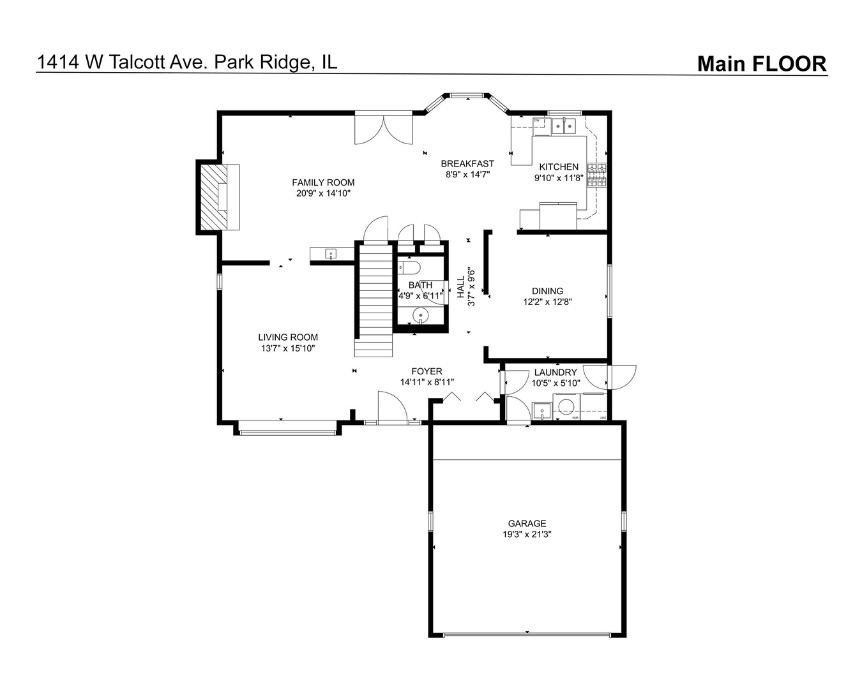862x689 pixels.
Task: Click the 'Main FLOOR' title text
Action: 761,64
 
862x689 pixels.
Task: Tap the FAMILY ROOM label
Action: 323,182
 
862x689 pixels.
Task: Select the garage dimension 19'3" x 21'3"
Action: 527,535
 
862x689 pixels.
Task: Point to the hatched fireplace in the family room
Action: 212,198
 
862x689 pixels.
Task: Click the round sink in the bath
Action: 420,315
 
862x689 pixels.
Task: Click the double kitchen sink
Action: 563,126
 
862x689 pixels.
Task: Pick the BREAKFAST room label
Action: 467,163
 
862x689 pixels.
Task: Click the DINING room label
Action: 547,291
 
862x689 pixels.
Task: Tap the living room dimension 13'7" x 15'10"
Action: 288,348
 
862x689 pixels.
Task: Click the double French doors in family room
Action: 384,130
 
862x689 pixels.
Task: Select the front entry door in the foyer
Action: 391,408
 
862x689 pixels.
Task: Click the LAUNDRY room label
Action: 556,373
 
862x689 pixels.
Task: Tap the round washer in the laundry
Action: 566,406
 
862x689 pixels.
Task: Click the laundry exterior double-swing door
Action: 611,377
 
